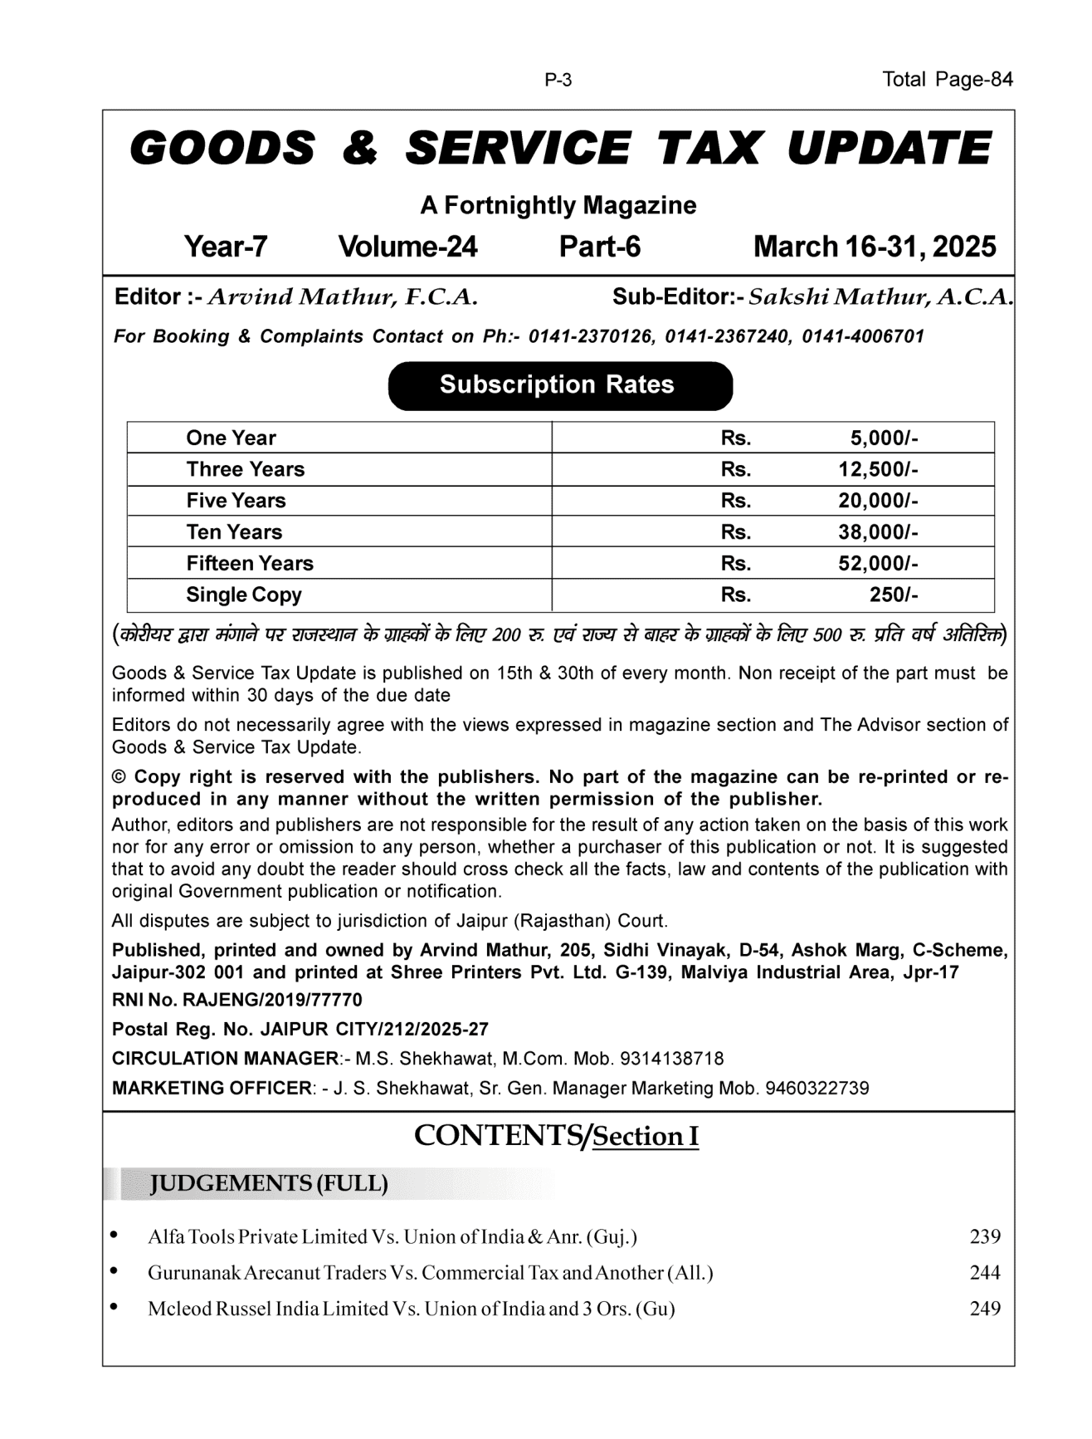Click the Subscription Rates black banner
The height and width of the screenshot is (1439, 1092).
[560, 385]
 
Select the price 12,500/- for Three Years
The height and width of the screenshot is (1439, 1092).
[877, 469]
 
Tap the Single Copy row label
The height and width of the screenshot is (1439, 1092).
[243, 595]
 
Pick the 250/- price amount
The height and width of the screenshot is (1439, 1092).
[893, 595]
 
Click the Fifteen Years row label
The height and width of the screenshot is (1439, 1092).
[250, 563]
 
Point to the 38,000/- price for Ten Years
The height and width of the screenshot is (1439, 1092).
[877, 532]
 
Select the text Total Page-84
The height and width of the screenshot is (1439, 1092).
[948, 80]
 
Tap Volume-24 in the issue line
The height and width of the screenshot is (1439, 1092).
[407, 247]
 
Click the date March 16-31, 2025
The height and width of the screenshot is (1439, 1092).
[875, 247]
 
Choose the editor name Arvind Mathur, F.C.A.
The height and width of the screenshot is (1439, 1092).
[342, 297]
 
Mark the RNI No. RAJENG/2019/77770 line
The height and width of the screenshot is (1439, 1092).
[237, 1000]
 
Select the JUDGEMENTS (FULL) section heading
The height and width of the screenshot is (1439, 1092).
[268, 1183]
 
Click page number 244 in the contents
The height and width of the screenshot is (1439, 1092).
[985, 1272]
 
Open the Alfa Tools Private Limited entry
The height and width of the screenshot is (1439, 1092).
[392, 1236]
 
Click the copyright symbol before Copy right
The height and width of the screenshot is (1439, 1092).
[119, 777]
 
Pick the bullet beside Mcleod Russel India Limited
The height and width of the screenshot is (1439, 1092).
[114, 1307]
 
